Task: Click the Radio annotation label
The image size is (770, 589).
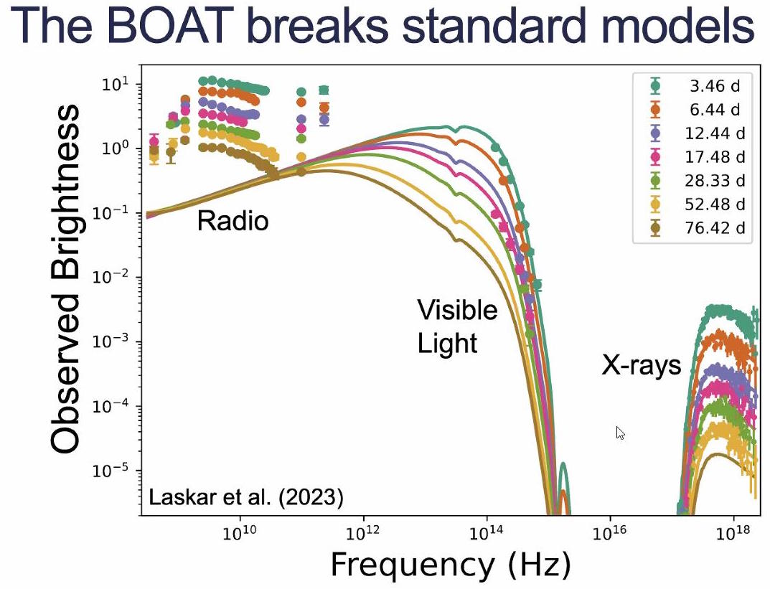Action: point(233,220)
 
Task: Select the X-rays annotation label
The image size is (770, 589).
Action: point(641,366)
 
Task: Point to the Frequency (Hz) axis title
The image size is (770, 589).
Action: point(450,565)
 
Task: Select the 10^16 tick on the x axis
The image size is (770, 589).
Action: point(610,534)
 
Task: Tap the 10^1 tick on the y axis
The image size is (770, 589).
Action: point(111,84)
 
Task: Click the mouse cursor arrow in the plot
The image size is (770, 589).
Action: point(620,433)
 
